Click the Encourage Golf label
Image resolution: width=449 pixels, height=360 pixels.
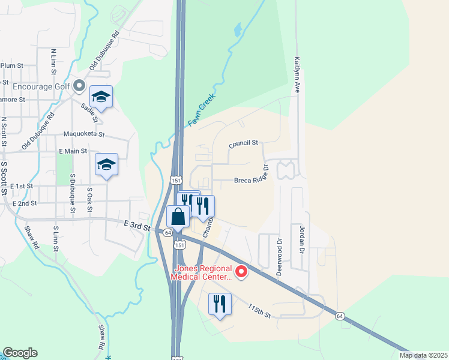point(36,86)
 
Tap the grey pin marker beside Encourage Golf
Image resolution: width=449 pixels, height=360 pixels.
point(79,86)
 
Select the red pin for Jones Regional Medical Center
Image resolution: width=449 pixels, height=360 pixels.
point(241,272)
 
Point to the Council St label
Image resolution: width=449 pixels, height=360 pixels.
point(243,144)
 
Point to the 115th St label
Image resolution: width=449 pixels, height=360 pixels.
point(260,311)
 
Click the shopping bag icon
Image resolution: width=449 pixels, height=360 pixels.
point(178,217)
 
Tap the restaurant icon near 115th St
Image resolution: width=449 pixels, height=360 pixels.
point(219,304)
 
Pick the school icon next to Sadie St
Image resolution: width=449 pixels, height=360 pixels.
point(101,97)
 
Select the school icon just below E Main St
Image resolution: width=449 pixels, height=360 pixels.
point(106,164)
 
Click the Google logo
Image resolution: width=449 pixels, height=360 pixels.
point(20,353)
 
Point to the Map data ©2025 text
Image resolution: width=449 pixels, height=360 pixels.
point(424,355)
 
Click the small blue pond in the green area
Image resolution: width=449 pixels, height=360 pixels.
point(238,28)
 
